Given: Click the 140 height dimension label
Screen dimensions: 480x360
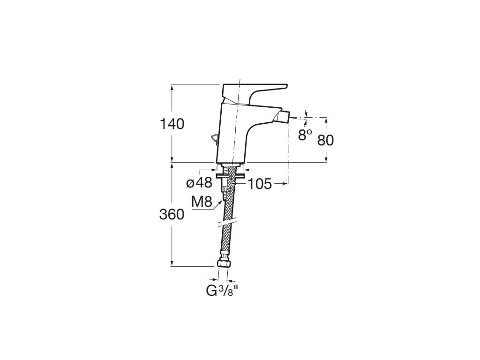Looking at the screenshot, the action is (x=172, y=124).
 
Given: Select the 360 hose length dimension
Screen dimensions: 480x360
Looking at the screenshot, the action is (x=172, y=215).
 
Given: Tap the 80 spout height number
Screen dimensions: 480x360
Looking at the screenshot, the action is (x=325, y=140).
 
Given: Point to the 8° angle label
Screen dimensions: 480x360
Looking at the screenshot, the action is (x=305, y=135).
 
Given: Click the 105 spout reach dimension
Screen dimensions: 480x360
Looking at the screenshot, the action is (x=260, y=184).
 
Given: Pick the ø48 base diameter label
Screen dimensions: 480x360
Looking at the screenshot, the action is (x=199, y=183).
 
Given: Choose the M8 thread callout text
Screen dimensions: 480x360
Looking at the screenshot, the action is (x=202, y=202).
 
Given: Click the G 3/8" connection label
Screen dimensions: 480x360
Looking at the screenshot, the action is (x=222, y=291).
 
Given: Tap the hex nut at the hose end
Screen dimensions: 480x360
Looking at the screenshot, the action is (x=223, y=264).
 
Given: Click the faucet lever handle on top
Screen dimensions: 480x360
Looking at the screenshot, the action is (x=255, y=92).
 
